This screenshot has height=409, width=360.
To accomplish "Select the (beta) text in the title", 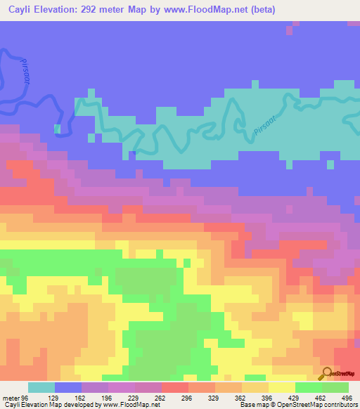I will tap(260, 9).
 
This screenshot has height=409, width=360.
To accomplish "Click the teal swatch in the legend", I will tap(41, 387).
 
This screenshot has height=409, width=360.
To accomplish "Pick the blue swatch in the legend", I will tap(68, 387).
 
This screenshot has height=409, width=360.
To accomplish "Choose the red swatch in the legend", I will tap(175, 387).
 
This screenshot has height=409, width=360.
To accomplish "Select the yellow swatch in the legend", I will tap(282, 387).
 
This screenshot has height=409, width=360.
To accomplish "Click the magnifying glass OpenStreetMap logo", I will tap(326, 373).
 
